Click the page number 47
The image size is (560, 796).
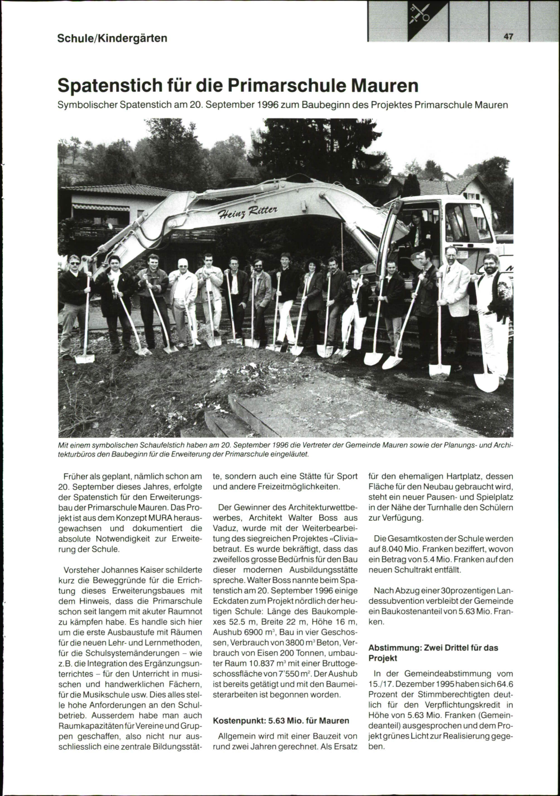pos(508,37)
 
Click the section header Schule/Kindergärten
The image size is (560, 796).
pos(112,38)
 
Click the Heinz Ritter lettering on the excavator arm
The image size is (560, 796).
pos(248,212)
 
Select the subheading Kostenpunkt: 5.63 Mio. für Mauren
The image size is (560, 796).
pos(281,720)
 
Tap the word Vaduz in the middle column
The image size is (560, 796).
pos(227,529)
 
